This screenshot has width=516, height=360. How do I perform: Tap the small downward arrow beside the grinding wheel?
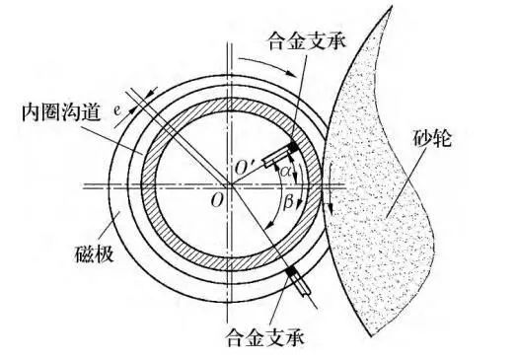point(332,205)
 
